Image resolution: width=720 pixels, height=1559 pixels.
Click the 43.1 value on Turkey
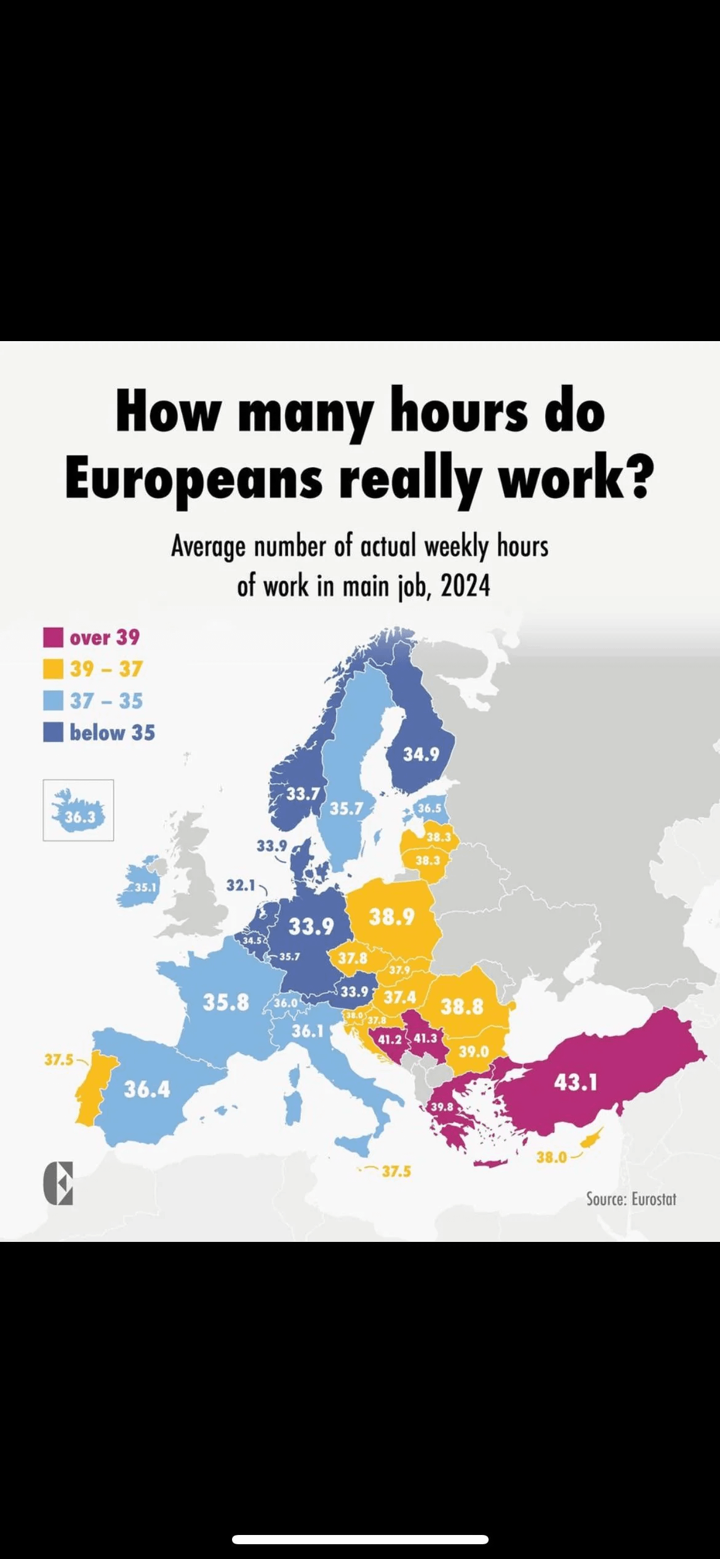pos(575,1082)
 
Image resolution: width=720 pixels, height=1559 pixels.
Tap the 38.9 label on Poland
pos(391,917)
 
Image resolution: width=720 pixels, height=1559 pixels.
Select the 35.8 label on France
pos(226,1002)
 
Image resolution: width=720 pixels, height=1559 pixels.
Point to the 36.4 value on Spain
pos(146,1089)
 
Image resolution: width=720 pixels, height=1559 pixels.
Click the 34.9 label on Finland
pos(421,754)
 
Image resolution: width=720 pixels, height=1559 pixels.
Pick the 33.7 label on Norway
pos(302,794)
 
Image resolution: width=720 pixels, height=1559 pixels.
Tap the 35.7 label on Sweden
pos(346,808)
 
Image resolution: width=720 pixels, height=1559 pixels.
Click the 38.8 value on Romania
pos(462,1007)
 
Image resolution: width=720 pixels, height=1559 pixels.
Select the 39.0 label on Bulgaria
pos(473,1051)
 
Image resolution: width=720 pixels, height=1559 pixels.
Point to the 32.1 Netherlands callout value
pos(240,885)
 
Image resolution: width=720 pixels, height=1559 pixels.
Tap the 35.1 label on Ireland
pos(146,887)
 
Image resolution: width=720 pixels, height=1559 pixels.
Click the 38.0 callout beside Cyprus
pos(551,1157)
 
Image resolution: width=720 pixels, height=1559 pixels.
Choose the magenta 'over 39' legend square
pos(53,637)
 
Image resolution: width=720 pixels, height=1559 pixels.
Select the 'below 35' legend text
pos(112,733)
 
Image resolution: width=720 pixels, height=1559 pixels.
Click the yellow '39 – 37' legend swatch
pos(53,669)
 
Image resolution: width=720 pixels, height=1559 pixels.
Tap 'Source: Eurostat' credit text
pos(631,1198)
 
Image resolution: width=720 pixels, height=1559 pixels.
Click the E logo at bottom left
pos(58,1183)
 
